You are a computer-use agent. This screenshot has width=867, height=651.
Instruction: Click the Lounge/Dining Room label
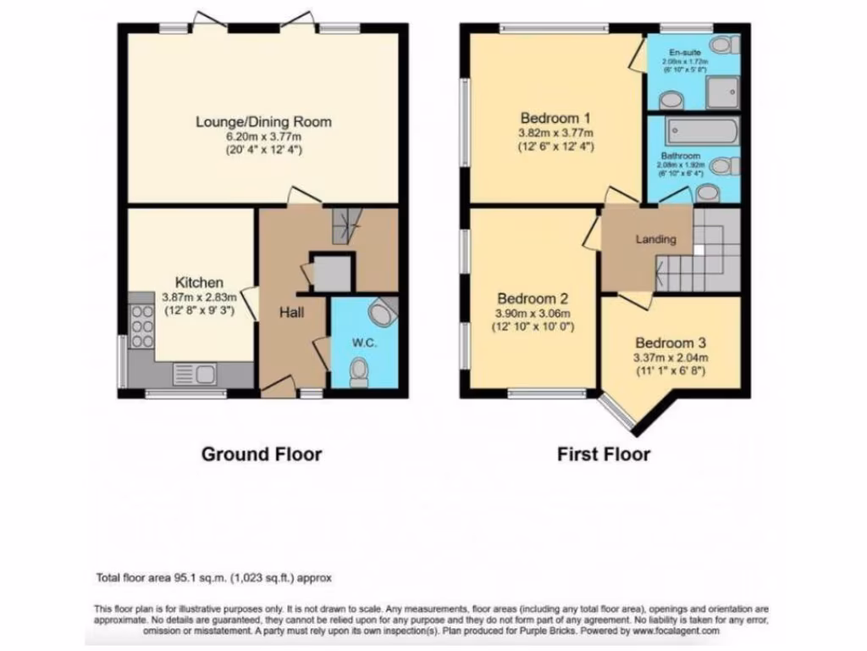263,122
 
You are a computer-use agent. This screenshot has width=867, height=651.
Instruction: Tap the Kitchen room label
199,282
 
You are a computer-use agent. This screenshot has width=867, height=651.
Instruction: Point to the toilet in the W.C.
359,371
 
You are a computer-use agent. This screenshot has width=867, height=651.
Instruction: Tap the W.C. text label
362,343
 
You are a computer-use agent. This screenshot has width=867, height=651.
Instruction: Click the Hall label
292,312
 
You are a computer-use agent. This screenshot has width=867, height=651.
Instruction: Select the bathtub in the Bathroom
702,131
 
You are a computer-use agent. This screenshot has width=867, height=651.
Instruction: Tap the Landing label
656,239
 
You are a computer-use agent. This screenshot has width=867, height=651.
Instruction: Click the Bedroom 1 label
555,118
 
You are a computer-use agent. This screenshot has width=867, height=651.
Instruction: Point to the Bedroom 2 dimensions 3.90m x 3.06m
533,313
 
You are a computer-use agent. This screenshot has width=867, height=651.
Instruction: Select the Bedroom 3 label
671,343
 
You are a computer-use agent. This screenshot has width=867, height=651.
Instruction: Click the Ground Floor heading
261,454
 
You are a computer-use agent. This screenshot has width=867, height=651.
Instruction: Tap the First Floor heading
603,454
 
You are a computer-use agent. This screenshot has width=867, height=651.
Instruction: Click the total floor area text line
213,578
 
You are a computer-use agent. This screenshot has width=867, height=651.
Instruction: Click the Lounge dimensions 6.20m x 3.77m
263,136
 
